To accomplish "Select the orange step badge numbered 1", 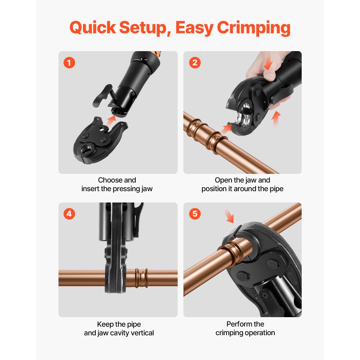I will coord(69,63).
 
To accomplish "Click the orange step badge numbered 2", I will coord(195,63).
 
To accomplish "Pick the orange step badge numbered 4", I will coord(69,214).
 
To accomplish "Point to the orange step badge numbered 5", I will coord(195,214).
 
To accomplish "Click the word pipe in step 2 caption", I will coord(276,189).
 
